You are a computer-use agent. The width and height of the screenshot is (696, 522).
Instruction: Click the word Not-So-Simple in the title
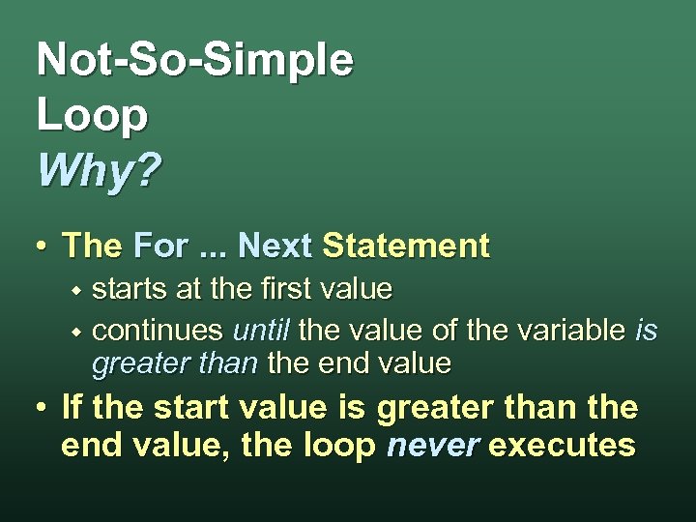tap(194, 61)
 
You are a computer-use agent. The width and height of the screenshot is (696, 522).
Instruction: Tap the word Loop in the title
tap(92, 116)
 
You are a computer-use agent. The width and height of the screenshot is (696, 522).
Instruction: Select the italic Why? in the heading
tap(99, 172)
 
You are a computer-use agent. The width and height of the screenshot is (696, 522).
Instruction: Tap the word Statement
tap(406, 246)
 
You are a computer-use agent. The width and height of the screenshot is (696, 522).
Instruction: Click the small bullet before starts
tap(79, 290)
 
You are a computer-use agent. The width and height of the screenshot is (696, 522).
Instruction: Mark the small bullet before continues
tap(79, 332)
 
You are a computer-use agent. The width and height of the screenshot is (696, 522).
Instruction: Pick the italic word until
tap(261, 331)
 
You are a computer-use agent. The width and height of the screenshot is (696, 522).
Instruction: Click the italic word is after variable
tap(646, 331)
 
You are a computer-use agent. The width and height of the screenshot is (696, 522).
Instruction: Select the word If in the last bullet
tap(72, 408)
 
